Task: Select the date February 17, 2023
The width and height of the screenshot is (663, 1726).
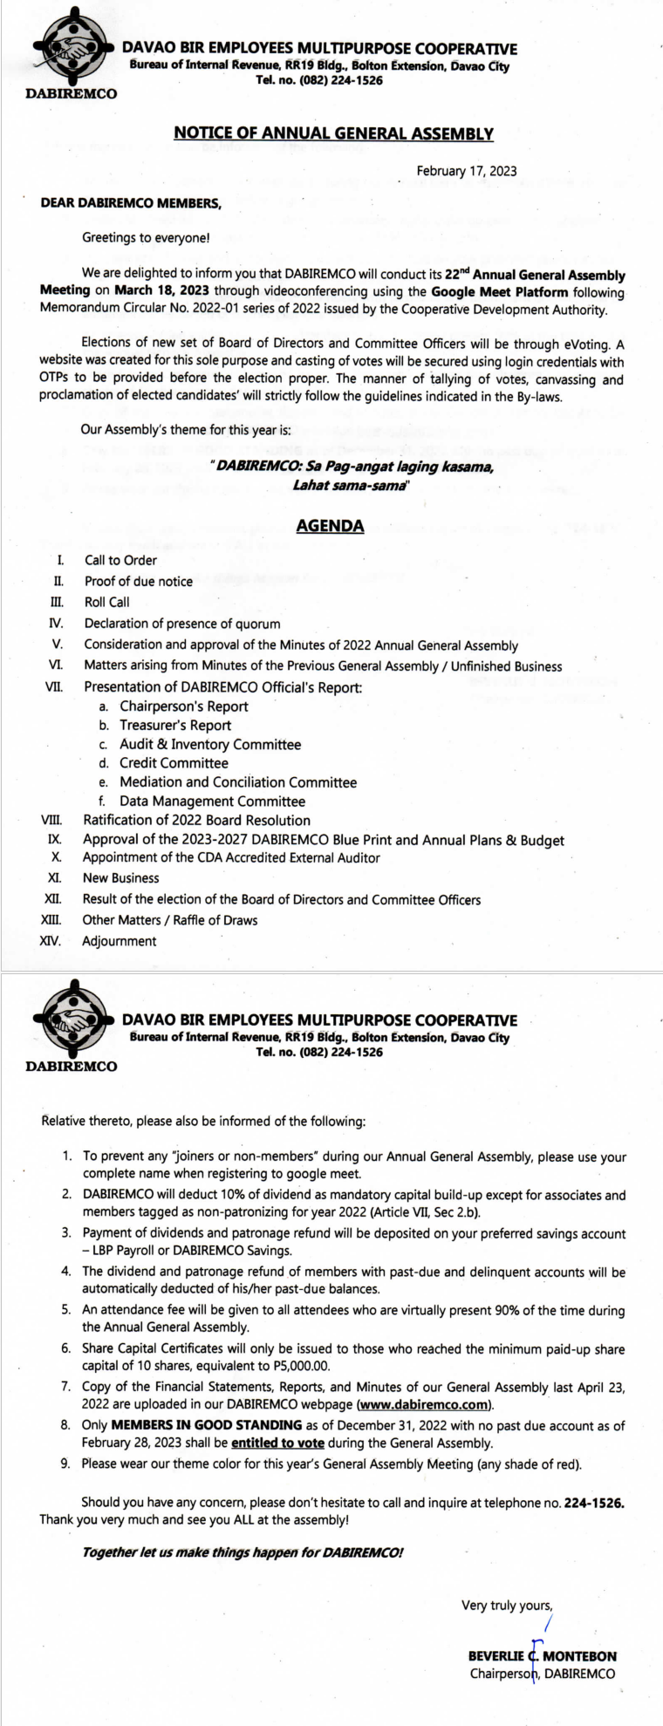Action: (x=466, y=171)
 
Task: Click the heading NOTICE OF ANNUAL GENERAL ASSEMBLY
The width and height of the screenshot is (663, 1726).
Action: (x=333, y=133)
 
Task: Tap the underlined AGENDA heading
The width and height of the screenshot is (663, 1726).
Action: (x=330, y=526)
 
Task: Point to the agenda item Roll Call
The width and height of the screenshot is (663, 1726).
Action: (x=106, y=602)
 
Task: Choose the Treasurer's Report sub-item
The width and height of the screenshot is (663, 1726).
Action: (x=175, y=725)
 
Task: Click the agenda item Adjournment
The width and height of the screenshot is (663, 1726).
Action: (x=119, y=941)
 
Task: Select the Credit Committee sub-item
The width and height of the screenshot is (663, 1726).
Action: (x=174, y=763)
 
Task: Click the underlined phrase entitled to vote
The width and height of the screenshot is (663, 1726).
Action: (x=277, y=1443)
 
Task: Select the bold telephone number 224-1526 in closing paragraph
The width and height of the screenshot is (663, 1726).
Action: (x=594, y=1503)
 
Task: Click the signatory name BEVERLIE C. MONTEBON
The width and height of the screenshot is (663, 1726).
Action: (x=542, y=1656)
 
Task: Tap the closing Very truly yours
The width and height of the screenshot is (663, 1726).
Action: (x=507, y=1605)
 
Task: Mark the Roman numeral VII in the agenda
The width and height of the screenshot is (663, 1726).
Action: (x=54, y=687)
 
